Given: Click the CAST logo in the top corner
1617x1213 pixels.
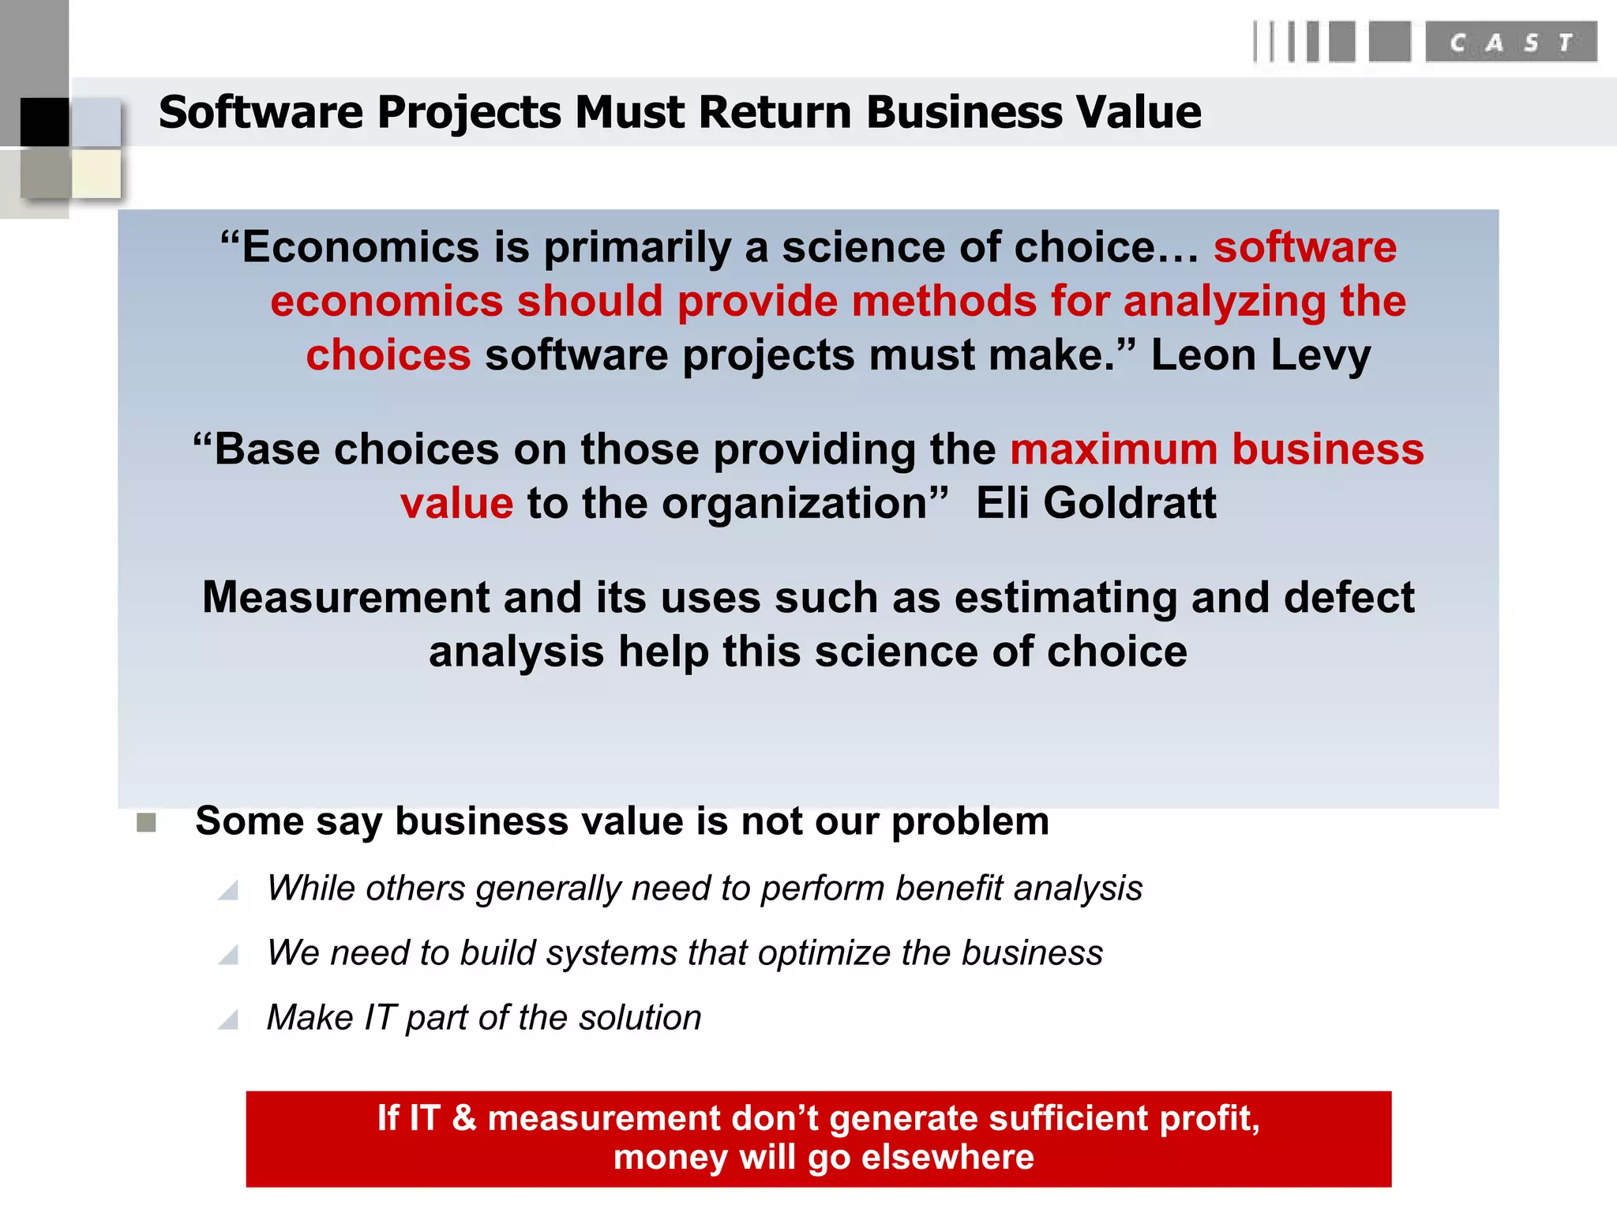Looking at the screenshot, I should click(1510, 42).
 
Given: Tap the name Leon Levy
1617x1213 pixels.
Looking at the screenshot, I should click(1260, 355).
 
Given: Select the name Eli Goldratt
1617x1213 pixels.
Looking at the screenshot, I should click(1096, 503).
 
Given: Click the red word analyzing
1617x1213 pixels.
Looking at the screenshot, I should click(1224, 302).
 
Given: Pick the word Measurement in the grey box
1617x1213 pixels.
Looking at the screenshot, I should click(346, 598).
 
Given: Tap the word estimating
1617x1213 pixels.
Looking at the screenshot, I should click(1065, 598).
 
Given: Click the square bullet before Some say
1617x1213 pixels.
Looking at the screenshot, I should click(146, 823).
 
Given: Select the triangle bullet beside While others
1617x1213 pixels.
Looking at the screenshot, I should click(229, 891).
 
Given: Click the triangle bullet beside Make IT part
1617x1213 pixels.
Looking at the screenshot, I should click(229, 1020).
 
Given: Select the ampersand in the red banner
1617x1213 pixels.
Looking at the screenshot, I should click(464, 1118).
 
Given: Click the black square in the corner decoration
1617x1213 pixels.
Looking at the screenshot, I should click(44, 122).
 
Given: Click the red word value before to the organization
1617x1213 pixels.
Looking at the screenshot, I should click(456, 504).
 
